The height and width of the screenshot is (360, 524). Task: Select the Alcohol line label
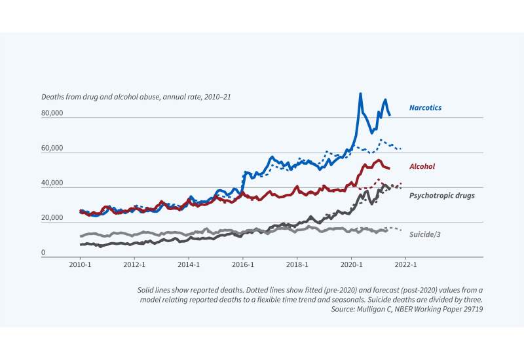coord(422,167)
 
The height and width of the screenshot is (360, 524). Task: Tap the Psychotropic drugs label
coord(442,195)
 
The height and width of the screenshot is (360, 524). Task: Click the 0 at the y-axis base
coord(44,253)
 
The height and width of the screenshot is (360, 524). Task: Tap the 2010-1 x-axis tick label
coord(80,266)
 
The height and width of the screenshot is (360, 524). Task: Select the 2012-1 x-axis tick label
coord(134,266)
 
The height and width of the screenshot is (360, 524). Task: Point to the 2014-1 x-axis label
coord(189,266)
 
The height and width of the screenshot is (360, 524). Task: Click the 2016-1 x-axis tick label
coord(243,266)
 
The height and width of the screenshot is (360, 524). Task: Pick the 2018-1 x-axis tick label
coord(297,266)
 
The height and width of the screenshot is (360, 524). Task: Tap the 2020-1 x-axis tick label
coord(352,266)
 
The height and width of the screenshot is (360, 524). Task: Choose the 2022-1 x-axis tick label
coord(406,266)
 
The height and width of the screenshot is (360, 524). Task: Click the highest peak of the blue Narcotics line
coord(360,94)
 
